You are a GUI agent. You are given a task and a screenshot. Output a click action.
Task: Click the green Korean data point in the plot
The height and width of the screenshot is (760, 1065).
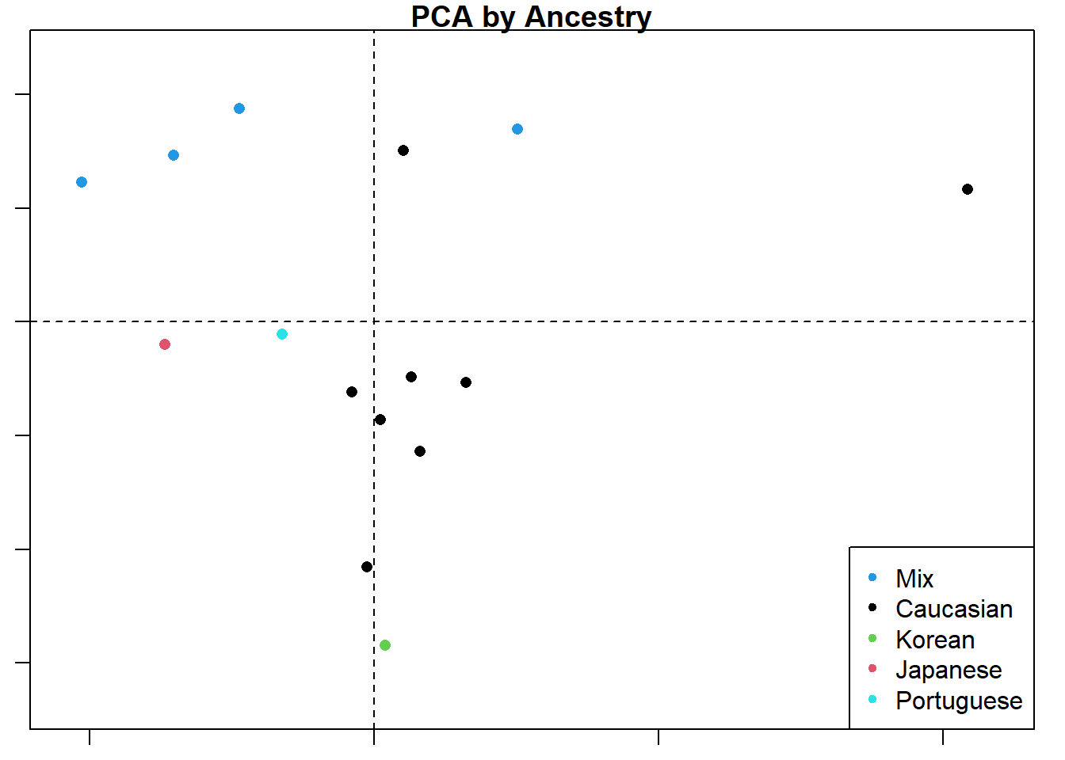click(x=385, y=645)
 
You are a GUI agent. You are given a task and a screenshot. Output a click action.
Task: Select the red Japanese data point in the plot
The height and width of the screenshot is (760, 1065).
click(x=165, y=344)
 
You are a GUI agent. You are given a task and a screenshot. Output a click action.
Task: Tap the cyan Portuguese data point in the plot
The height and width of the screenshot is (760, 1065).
click(x=282, y=334)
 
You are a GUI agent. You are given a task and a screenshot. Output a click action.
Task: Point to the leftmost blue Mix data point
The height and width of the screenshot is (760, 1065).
click(x=82, y=182)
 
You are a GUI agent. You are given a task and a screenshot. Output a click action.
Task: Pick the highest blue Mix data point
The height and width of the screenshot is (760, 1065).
click(x=239, y=108)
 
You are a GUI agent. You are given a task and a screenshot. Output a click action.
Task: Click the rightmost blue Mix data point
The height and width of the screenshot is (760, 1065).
click(x=517, y=129)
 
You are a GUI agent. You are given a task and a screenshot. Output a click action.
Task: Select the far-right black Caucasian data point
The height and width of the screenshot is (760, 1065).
click(x=968, y=189)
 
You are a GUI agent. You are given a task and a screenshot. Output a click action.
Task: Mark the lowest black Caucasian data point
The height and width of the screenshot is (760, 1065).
click(x=367, y=567)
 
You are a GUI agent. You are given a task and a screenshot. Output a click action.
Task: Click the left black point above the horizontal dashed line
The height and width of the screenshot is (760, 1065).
click(x=403, y=150)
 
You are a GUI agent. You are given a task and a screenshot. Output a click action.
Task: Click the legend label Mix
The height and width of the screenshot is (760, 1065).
click(x=914, y=579)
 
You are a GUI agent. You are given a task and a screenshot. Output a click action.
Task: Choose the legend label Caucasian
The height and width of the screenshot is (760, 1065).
click(x=954, y=609)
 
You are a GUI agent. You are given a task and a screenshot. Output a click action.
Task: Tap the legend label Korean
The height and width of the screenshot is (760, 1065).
click(x=935, y=640)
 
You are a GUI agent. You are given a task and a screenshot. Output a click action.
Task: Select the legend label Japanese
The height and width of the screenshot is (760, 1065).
click(x=949, y=670)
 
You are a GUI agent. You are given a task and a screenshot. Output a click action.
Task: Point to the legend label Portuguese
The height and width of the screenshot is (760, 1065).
click(x=959, y=701)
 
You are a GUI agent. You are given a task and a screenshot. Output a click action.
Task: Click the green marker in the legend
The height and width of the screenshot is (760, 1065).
click(x=872, y=638)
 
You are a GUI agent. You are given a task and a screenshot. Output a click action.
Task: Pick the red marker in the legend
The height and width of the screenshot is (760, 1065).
click(x=872, y=668)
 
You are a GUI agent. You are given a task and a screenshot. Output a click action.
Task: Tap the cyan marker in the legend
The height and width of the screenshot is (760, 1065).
click(x=872, y=699)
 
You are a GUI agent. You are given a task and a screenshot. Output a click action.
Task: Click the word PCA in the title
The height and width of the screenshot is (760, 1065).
click(x=441, y=16)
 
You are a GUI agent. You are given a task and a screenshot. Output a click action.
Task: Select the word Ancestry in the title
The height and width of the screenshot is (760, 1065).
click(x=588, y=16)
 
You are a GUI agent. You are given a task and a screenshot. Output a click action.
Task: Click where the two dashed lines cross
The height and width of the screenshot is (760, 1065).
click(x=374, y=321)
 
